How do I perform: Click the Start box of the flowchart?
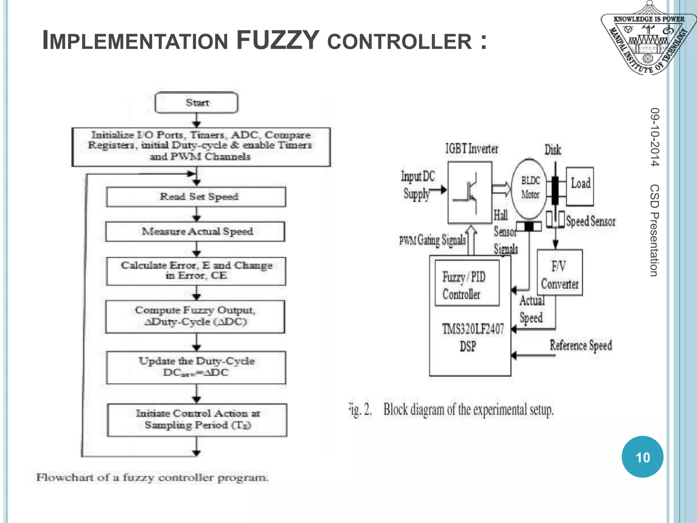(196, 102)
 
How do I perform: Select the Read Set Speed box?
(196, 197)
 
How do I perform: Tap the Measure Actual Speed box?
(196, 232)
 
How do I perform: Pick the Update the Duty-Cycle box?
(196, 367)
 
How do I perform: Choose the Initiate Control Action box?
(197, 420)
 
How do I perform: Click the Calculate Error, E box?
(196, 271)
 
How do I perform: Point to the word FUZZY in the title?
(277, 41)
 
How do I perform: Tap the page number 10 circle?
(642, 457)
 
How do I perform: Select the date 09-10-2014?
(654, 137)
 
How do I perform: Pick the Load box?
(580, 186)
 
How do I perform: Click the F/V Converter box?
(560, 272)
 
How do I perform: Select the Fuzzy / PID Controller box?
(467, 283)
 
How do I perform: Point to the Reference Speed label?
(581, 345)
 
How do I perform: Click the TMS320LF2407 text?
(472, 329)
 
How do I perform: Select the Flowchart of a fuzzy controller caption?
(152, 477)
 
